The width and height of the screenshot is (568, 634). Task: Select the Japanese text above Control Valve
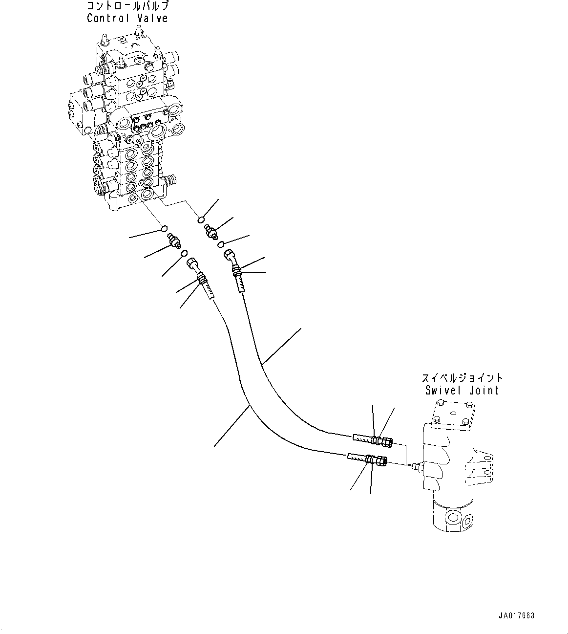[127, 6]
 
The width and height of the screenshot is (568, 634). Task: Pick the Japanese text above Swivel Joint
[462, 378]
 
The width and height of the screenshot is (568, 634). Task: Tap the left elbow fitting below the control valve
[174, 240]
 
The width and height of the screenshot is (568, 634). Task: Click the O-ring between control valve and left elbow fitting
[165, 228]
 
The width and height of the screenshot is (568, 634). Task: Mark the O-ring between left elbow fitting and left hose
[184, 253]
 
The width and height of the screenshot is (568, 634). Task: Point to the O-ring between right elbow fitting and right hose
[221, 244]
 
